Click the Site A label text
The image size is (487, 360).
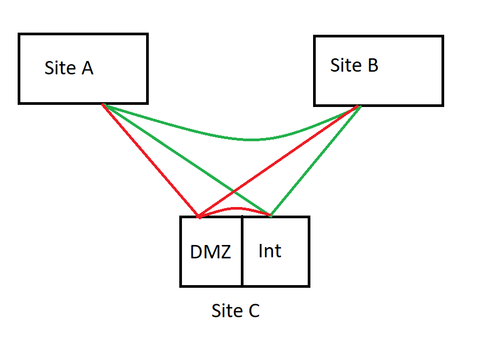click(x=69, y=68)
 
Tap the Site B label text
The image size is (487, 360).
click(x=354, y=65)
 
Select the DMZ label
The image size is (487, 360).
click(x=210, y=252)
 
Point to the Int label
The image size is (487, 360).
click(x=270, y=250)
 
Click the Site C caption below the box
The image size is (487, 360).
click(x=235, y=311)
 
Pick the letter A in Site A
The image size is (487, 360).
click(x=87, y=68)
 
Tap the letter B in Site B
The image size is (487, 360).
click(x=372, y=65)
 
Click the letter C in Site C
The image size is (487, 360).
click(x=253, y=311)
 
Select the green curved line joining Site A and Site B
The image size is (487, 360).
click(x=252, y=140)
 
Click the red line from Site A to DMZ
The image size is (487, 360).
click(x=150, y=160)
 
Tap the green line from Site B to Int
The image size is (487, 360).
click(x=316, y=160)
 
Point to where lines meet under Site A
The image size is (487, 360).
click(x=103, y=105)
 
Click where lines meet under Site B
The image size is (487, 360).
click(x=357, y=106)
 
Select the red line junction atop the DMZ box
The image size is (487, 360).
click(x=199, y=217)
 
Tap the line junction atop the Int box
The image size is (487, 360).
click(x=270, y=216)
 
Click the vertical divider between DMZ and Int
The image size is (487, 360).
click(x=242, y=251)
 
